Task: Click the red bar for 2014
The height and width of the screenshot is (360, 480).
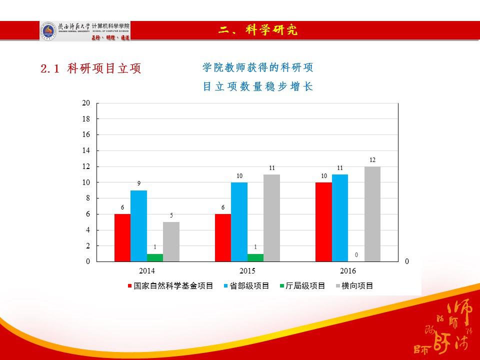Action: (x=122, y=237)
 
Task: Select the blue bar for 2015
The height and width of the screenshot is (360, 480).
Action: (x=239, y=221)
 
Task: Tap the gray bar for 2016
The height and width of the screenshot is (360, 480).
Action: (x=372, y=213)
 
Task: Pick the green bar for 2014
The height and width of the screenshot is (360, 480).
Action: (x=155, y=257)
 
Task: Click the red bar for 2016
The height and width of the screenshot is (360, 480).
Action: (x=323, y=221)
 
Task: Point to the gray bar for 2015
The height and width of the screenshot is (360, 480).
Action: (x=272, y=217)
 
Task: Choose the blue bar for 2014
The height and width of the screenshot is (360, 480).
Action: (x=139, y=225)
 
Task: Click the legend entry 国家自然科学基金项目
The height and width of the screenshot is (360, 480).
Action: (x=170, y=286)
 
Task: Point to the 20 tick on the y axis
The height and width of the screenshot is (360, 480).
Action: (x=86, y=103)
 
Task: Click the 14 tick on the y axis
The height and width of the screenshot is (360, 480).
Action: (x=86, y=150)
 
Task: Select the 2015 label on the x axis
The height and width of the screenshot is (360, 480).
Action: (x=247, y=271)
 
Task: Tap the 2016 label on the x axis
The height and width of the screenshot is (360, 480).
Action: (x=348, y=271)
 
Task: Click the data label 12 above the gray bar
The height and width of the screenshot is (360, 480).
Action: (x=372, y=160)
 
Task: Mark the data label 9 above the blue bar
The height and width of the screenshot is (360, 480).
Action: (x=139, y=184)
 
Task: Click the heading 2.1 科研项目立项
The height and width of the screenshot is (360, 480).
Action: (x=91, y=69)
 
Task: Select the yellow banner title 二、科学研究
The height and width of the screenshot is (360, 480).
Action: (x=258, y=30)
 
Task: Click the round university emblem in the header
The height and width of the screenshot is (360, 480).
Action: (x=48, y=30)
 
